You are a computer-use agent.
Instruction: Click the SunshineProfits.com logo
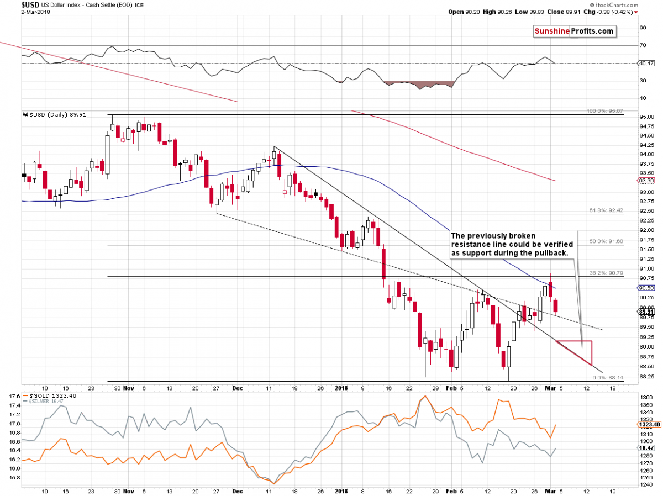(574, 31)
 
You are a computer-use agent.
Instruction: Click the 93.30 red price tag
(646, 180)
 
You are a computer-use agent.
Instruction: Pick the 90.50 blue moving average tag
(646, 288)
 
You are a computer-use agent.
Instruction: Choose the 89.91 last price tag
(646, 311)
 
